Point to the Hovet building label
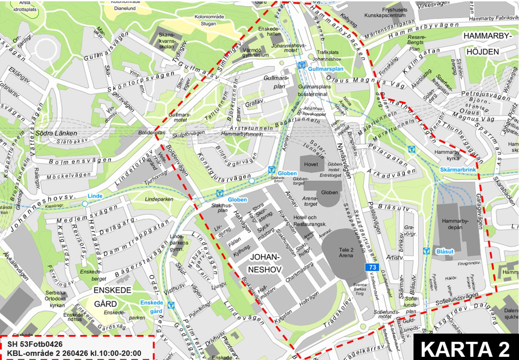pyautogui.click(x=311, y=164)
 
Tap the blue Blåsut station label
pyautogui.click(x=445, y=251)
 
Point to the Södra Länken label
pyautogui.click(x=53, y=132)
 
